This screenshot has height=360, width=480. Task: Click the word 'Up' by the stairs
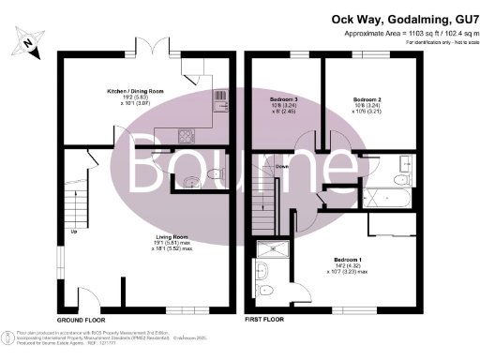point(72,232)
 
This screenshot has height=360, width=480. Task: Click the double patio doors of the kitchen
point(152,51)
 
